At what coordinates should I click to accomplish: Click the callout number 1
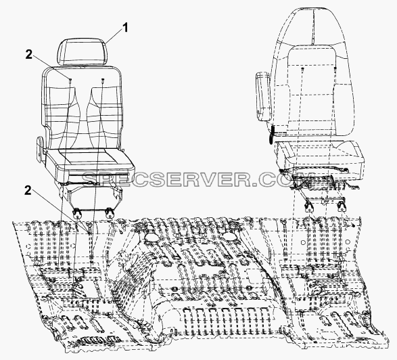(x=125, y=28)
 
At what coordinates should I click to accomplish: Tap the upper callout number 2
(x=29, y=54)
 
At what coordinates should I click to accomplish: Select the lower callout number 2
(x=28, y=191)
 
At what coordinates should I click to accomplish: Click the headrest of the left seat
(x=83, y=53)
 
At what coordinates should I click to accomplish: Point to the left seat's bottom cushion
(x=91, y=163)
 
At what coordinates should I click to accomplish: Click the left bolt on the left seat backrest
(x=70, y=80)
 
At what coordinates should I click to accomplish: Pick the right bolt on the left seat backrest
(x=103, y=80)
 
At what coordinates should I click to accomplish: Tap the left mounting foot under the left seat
(x=76, y=214)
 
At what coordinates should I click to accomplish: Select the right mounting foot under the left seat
(x=110, y=212)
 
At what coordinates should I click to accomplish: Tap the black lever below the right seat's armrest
(x=272, y=134)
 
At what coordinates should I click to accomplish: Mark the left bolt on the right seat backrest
(x=302, y=69)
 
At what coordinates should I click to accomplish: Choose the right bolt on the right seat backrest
(x=335, y=68)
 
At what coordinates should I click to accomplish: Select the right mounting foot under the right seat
(x=342, y=206)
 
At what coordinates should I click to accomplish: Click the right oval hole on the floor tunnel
(x=230, y=237)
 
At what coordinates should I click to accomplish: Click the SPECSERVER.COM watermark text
(x=198, y=179)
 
